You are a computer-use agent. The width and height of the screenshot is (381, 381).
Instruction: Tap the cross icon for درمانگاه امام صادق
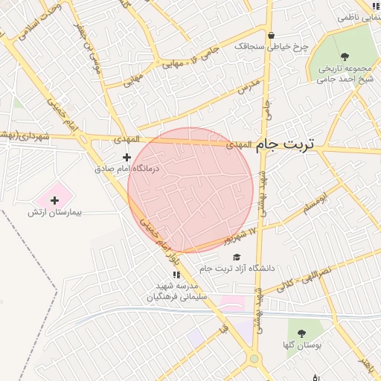tap(127, 157)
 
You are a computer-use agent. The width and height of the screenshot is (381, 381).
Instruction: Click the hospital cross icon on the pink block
tap(54, 199)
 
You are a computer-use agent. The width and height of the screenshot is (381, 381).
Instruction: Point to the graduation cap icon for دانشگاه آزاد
tap(236, 257)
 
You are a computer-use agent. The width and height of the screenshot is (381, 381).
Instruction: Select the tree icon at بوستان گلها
tap(301, 333)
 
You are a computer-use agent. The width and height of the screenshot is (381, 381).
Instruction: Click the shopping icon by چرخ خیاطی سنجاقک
tap(271, 35)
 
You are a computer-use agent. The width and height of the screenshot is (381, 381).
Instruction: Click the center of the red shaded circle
tap(190, 190)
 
